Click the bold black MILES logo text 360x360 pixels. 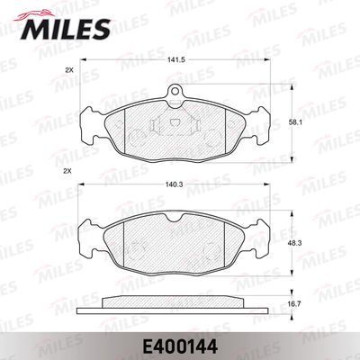[66, 29]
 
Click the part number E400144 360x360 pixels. [180, 347]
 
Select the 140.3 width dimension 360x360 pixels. [174, 184]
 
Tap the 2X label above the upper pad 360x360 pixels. [69, 70]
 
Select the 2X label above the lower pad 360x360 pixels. [67, 171]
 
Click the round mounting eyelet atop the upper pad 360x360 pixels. [175, 90]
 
